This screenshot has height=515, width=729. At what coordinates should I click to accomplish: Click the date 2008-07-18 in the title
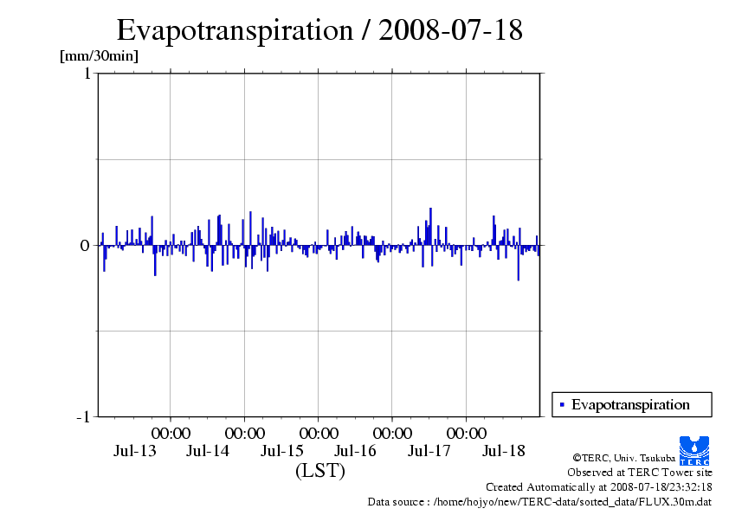450,30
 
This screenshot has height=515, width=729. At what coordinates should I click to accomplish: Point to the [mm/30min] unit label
99,56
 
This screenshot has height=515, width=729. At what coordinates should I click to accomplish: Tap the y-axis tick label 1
87,74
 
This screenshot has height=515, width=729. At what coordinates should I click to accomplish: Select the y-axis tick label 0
86,246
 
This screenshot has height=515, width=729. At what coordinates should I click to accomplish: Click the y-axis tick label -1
83,417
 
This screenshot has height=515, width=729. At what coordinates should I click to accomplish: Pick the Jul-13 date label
135,451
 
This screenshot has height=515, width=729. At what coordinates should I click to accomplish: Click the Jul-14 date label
209,451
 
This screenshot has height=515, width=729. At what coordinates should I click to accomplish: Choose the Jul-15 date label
282,451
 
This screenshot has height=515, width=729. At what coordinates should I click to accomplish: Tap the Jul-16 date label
356,451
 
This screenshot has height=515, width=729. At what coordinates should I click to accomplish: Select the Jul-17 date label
429,451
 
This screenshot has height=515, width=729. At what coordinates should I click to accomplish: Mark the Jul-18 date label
503,451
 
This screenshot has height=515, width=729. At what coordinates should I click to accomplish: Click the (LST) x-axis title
320,471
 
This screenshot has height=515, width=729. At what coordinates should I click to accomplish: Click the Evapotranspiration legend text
630,404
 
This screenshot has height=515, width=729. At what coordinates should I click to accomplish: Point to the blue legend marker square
562,404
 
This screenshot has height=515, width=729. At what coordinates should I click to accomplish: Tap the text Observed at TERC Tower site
639,473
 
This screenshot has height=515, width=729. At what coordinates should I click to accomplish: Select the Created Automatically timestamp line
598,487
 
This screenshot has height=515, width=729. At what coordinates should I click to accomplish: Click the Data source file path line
539,501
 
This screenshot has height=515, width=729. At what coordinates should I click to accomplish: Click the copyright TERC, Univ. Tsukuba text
624,458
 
